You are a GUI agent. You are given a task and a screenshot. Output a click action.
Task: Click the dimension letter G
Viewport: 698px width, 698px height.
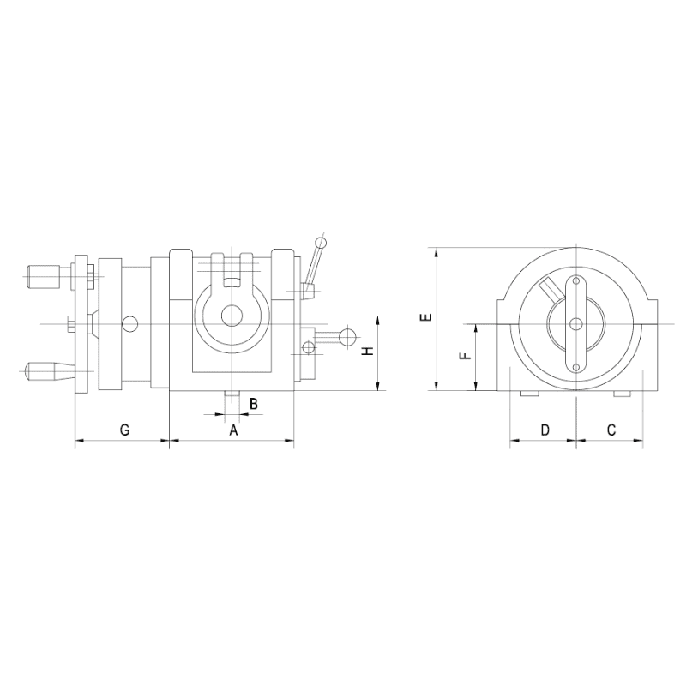(x=125, y=430)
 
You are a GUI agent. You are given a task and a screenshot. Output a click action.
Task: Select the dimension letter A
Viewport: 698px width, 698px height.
(x=233, y=430)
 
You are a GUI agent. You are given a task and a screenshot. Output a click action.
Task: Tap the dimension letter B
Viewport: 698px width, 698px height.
(x=253, y=404)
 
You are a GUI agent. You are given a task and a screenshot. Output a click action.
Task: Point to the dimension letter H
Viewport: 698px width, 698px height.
(x=367, y=352)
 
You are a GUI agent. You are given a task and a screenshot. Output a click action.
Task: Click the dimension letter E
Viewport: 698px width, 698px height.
(x=426, y=317)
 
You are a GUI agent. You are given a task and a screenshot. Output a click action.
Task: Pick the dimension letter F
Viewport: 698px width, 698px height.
(x=465, y=356)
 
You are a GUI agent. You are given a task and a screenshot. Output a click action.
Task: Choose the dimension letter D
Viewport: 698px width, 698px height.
(x=545, y=430)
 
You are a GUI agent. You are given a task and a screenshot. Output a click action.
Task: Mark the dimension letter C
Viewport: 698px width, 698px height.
(x=611, y=430)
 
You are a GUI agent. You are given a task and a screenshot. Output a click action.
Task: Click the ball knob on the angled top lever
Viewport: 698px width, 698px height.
(x=321, y=243)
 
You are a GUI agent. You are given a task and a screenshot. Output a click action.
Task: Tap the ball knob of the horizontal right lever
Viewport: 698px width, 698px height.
(x=348, y=336)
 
